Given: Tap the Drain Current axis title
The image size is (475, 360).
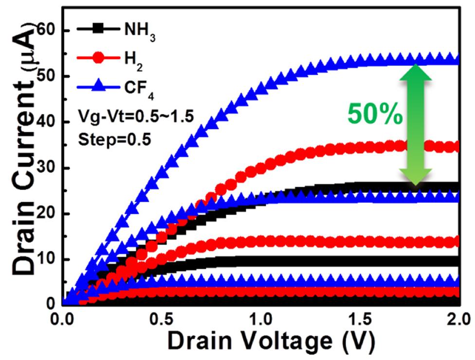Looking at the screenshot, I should point(21,161).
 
